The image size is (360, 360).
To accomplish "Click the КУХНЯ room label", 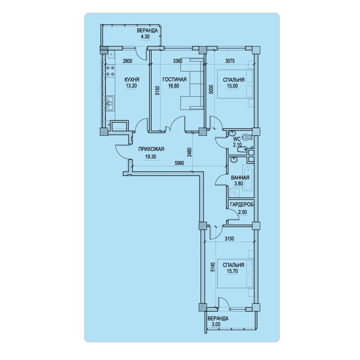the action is (x=132, y=80).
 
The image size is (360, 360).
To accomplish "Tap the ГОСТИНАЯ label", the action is (x=175, y=80).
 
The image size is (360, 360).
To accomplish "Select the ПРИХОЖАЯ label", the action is (x=151, y=149).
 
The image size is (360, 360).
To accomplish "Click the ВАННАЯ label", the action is (x=240, y=178).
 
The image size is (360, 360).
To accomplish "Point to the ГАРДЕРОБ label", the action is (x=242, y=204).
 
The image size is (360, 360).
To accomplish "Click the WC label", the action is (x=237, y=139).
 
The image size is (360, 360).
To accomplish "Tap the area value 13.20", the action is (x=131, y=86).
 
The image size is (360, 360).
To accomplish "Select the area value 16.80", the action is (x=174, y=86).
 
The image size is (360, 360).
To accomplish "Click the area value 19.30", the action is (x=150, y=157).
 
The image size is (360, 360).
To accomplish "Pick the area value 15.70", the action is (x=232, y=271).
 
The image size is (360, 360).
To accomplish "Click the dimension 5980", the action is (x=179, y=163).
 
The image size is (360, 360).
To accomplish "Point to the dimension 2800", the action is (x=127, y=61).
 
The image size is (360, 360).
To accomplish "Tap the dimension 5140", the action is (x=213, y=267).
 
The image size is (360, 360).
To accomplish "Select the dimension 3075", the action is (x=230, y=61).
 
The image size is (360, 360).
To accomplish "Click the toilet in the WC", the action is (x=247, y=137).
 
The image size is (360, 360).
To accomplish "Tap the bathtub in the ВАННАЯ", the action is (x=248, y=179).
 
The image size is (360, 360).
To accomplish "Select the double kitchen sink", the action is (x=111, y=103).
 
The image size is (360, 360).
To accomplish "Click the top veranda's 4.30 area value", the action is (x=145, y=37).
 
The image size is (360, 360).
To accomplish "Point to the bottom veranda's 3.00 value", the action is (x=216, y=324).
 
